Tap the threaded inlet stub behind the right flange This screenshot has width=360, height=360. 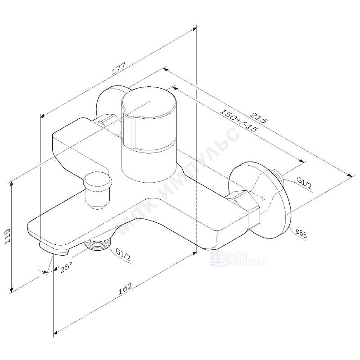[x=280, y=177]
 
